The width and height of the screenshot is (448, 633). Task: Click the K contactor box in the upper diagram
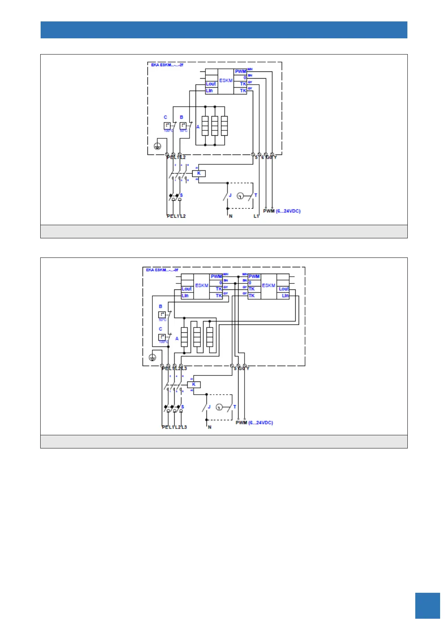(199, 173)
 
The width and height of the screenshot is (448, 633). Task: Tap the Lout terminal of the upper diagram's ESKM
(211, 84)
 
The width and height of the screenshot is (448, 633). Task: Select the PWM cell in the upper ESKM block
(240, 71)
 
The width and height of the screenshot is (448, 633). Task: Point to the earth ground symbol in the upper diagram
(158, 146)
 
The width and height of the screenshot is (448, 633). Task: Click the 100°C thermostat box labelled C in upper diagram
(167, 126)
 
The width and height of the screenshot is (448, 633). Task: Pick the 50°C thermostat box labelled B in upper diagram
(183, 126)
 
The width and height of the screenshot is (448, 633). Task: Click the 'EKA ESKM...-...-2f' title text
(167, 65)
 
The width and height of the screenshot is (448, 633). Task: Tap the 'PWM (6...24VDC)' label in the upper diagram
(281, 211)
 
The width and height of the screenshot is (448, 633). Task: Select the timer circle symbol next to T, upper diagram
(240, 196)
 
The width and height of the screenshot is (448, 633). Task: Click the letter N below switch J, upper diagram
(231, 216)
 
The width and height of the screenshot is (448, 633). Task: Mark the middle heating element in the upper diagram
(215, 126)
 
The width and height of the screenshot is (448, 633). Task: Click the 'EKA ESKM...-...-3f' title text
(162, 270)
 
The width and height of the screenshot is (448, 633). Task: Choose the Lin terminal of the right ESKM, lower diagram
(285, 296)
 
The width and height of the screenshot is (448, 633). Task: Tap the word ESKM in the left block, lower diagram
(202, 286)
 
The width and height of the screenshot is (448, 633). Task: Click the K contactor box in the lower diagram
(194, 385)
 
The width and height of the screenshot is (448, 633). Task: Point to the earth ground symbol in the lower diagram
(152, 357)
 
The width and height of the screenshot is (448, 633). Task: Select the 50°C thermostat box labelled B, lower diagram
(162, 315)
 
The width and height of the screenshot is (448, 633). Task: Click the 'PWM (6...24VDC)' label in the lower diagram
(254, 423)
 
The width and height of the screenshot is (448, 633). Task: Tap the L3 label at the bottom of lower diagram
(184, 427)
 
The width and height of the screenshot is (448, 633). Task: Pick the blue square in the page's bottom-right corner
(427, 606)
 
